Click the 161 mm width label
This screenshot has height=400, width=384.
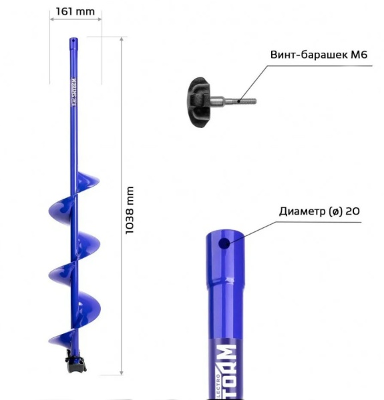point(75,11)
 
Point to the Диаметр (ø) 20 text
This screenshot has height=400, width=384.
point(319,211)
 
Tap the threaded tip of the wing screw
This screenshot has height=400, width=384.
point(247,102)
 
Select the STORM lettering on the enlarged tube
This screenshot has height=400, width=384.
point(227,370)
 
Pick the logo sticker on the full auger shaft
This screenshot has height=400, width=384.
point(74,90)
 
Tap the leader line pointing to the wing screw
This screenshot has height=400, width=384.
point(250,83)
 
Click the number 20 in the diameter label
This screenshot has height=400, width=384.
point(354,211)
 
